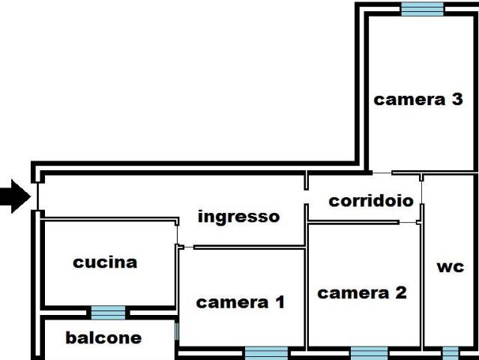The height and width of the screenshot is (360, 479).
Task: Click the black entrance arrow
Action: click(x=16, y=196)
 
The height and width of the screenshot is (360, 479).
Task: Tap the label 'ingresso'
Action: click(x=239, y=216)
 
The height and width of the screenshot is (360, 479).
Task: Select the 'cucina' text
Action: click(x=105, y=262)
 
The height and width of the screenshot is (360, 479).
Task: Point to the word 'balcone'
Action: click(x=103, y=337)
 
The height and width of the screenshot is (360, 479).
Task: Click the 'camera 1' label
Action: click(x=241, y=302)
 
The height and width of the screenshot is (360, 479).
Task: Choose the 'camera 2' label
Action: click(x=362, y=292)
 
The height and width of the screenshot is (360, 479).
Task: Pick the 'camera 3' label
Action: click(x=418, y=99)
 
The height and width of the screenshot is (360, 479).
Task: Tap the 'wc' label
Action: click(x=451, y=267)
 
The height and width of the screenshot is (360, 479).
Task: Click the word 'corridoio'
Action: click(x=371, y=201)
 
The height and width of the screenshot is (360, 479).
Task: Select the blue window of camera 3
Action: click(x=422, y=9)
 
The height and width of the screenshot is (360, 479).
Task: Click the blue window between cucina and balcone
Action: click(x=108, y=313)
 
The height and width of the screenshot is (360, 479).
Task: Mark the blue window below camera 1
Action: click(x=266, y=353)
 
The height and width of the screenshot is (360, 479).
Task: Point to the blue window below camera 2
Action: click(x=369, y=353)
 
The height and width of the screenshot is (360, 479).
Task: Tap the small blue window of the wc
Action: click(x=451, y=353)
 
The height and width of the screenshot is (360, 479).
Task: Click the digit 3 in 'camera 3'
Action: click(x=457, y=99)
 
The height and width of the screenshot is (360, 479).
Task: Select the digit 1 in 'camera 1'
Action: click(x=280, y=302)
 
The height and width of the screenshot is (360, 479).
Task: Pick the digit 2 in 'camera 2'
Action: click(x=401, y=292)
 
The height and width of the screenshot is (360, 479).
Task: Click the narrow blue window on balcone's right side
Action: click(x=177, y=331)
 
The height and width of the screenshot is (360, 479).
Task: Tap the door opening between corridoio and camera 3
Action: click(x=382, y=173)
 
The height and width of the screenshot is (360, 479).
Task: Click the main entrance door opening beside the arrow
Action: click(x=37, y=196)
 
